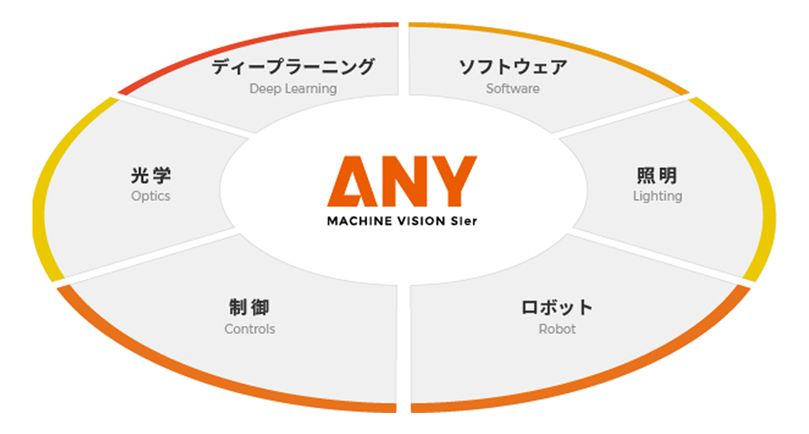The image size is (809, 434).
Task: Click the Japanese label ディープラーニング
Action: pyautogui.click(x=293, y=67)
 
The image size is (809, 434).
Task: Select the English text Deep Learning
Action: pyautogui.click(x=293, y=89)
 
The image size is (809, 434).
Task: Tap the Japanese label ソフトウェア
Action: pyautogui.click(x=513, y=67)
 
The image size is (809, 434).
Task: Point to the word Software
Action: pyautogui.click(x=513, y=88)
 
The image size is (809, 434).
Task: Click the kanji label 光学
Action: pyautogui.click(x=151, y=175)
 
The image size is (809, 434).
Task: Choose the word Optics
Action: pyautogui.click(x=151, y=196)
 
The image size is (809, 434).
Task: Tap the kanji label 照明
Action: pyautogui.click(x=657, y=175)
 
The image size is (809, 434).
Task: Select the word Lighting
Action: pyautogui.click(x=658, y=196)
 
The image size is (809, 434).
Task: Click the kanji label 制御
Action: pyautogui.click(x=249, y=307)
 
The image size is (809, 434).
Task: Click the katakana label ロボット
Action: pyautogui.click(x=557, y=307)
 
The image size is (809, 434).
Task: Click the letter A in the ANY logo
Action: pyautogui.click(x=352, y=181)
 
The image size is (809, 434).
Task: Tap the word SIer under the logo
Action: pyautogui.click(x=464, y=221)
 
